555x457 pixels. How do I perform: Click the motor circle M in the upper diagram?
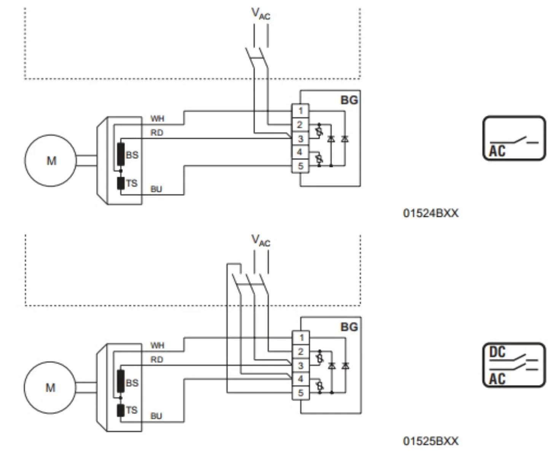click(51, 160)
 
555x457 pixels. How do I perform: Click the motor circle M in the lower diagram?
click(50, 387)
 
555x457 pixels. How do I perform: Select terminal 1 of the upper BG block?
click(300, 110)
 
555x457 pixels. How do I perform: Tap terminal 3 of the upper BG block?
click(300, 139)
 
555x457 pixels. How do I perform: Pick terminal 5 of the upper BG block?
click(300, 166)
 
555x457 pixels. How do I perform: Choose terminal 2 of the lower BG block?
click(301, 352)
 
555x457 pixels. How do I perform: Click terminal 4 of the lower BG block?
click(301, 379)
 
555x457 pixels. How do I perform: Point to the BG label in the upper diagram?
click(349, 100)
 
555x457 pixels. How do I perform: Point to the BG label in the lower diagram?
click(349, 327)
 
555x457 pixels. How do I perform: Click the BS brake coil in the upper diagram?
click(121, 154)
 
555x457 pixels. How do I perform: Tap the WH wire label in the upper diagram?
click(157, 118)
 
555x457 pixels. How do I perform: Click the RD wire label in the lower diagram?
click(157, 360)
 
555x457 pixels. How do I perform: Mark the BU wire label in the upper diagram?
click(156, 189)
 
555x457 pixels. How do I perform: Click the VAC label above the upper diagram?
click(261, 14)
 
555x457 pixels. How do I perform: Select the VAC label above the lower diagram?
click(261, 240)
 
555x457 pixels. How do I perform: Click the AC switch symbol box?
click(514, 138)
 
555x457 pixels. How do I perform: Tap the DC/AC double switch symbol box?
click(514, 365)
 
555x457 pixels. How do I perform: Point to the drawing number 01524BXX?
click(431, 213)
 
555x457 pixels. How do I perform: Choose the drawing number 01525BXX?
click(431, 441)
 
